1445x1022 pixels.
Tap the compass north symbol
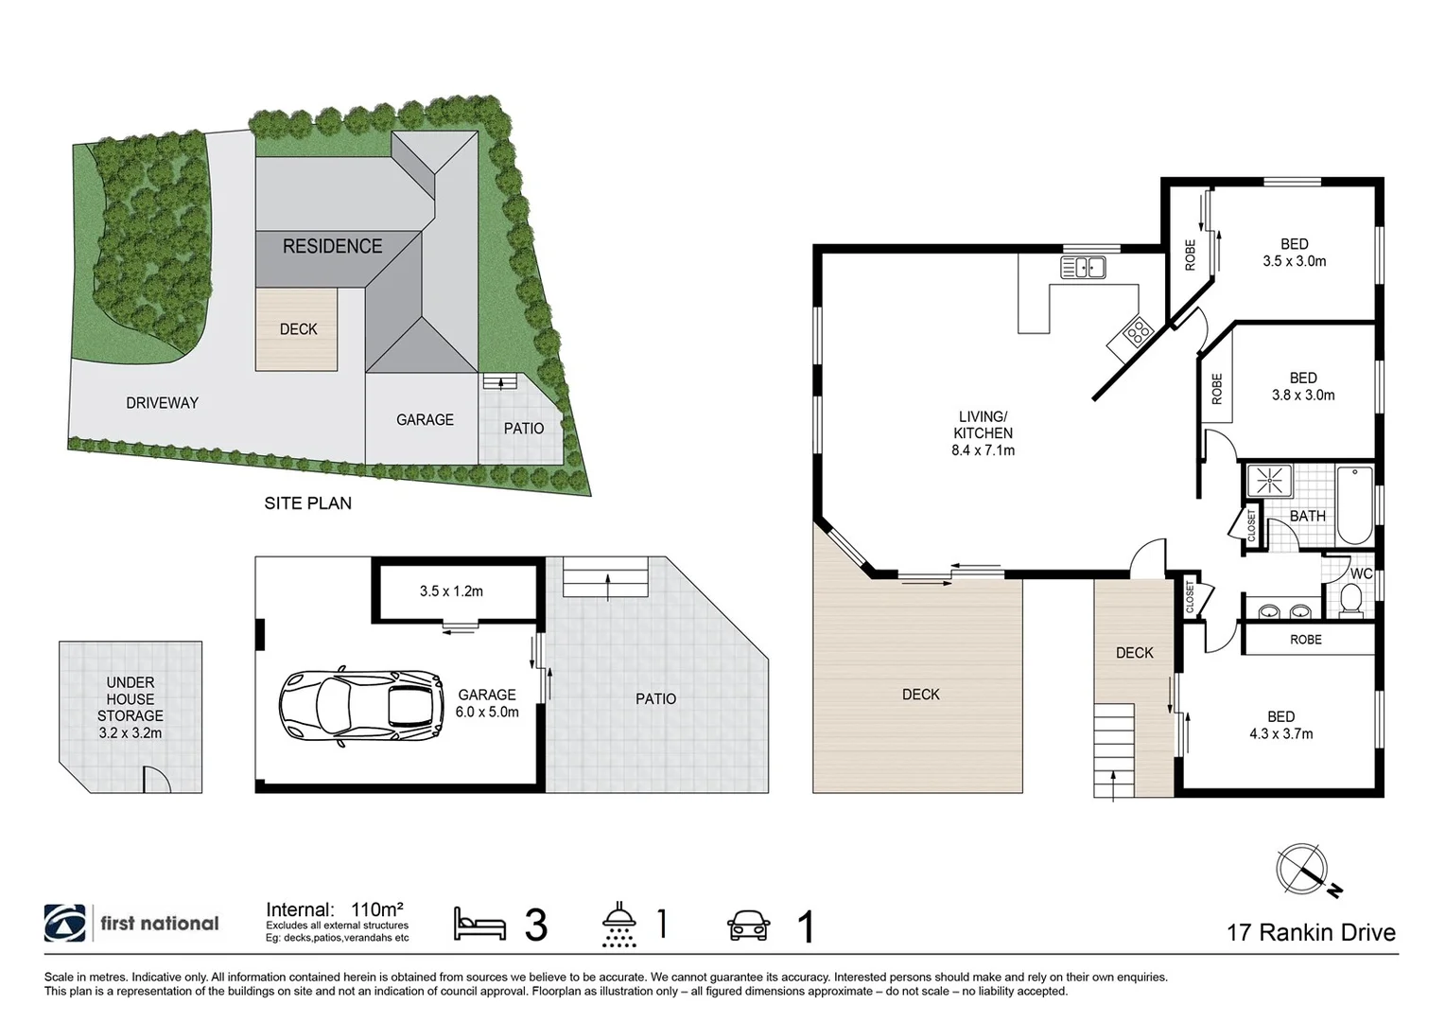[x=1306, y=870]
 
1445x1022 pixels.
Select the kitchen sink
[x=1083, y=268]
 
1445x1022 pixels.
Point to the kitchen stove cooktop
[x=1136, y=331]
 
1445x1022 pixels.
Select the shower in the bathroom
[x=1268, y=481]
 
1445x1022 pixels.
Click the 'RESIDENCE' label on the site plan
[x=332, y=246]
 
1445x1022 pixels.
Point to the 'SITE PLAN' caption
[x=307, y=503]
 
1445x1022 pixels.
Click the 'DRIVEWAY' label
[x=162, y=403]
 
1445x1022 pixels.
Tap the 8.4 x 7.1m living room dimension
[x=983, y=450]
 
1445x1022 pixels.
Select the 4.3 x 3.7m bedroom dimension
[x=1280, y=733]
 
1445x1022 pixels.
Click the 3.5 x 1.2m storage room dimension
[x=451, y=591]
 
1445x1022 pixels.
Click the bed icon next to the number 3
[x=479, y=925]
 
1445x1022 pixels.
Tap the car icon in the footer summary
[x=748, y=925]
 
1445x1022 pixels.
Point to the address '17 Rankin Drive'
[x=1310, y=932]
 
